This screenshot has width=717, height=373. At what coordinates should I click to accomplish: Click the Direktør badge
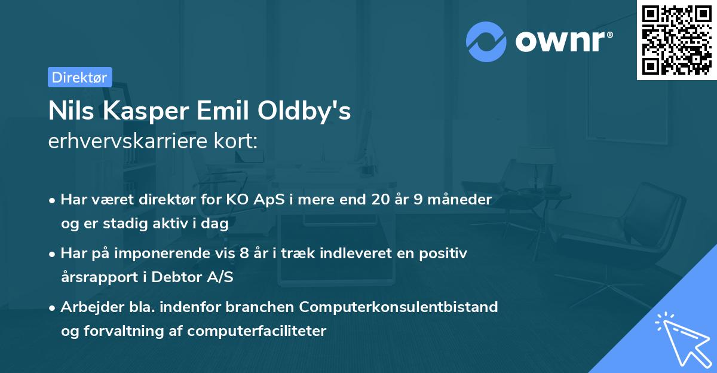pos(79,77)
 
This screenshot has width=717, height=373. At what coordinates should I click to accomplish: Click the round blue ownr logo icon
pos(486,42)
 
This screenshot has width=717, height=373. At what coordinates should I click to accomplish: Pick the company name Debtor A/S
pos(191,277)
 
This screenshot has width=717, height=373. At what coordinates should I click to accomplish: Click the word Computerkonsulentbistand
pos(399,307)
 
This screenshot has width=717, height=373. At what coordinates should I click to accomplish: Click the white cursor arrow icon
pos(681,338)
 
